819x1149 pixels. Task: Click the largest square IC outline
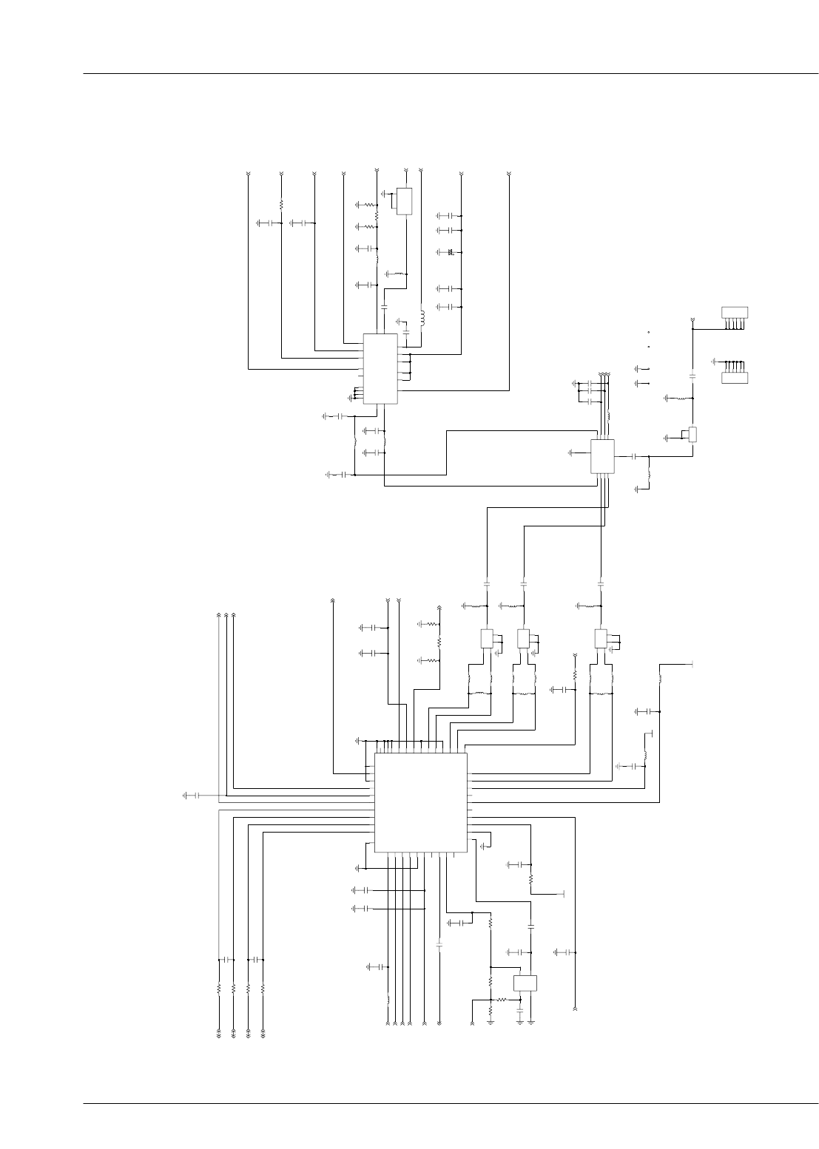420,802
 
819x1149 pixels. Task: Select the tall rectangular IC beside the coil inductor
380,368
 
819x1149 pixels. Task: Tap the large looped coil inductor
422,318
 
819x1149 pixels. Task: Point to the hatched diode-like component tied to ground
451,253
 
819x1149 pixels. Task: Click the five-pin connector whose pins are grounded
735,377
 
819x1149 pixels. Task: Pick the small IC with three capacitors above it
602,456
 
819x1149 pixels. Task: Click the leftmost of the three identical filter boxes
486,638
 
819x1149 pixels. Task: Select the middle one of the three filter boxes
523,638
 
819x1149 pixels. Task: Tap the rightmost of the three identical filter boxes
601,638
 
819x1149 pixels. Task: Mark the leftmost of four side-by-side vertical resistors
218,988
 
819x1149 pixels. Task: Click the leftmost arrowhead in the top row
248,174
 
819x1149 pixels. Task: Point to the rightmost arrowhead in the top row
509,174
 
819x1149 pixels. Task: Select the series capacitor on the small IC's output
634,456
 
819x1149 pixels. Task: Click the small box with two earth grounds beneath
525,983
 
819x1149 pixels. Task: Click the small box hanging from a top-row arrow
404,201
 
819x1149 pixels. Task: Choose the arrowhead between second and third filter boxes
575,656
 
